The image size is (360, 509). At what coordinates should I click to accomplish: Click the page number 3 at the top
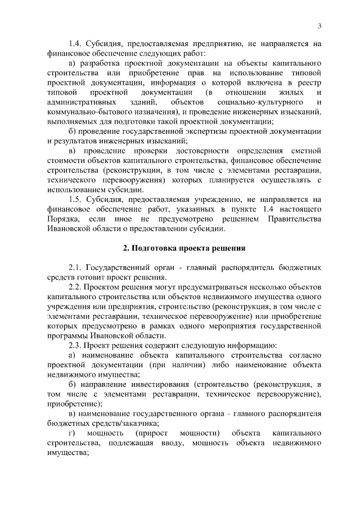pyautogui.click(x=319, y=25)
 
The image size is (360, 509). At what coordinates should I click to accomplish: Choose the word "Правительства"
pyautogui.click(x=295, y=219)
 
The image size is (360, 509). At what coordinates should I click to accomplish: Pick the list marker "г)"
pyautogui.click(x=72, y=435)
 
